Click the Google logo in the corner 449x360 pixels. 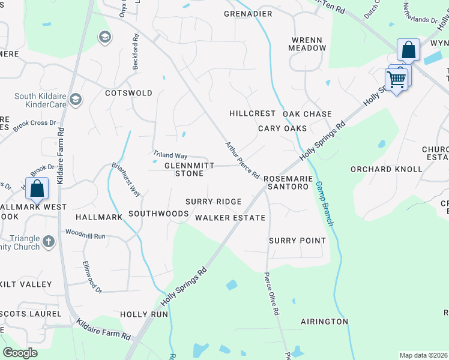[x=20, y=353]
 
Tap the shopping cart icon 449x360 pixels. [x=396, y=78]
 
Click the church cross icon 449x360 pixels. [x=49, y=242]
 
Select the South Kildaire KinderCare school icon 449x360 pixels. [x=76, y=99]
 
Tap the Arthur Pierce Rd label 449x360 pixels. [x=242, y=160]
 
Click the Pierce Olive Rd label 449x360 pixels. [x=271, y=294]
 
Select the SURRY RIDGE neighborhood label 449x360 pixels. [x=213, y=202]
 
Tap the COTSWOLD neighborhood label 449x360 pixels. [x=128, y=94]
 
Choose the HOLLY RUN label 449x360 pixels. [x=143, y=314]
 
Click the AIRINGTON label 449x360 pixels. [x=324, y=322]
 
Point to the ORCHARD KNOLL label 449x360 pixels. [x=387, y=169]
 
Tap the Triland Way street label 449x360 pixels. [x=170, y=155]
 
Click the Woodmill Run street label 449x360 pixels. [x=85, y=234]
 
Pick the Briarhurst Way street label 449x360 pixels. [x=126, y=179]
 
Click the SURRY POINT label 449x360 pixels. [x=297, y=241]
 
